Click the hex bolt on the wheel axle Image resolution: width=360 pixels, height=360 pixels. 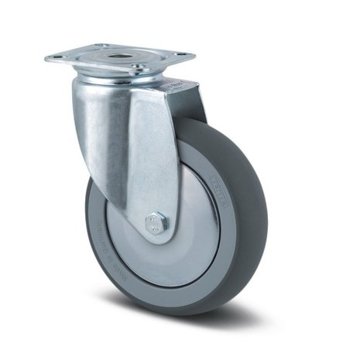(155, 222)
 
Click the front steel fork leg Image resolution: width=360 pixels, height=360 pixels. (135, 147)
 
